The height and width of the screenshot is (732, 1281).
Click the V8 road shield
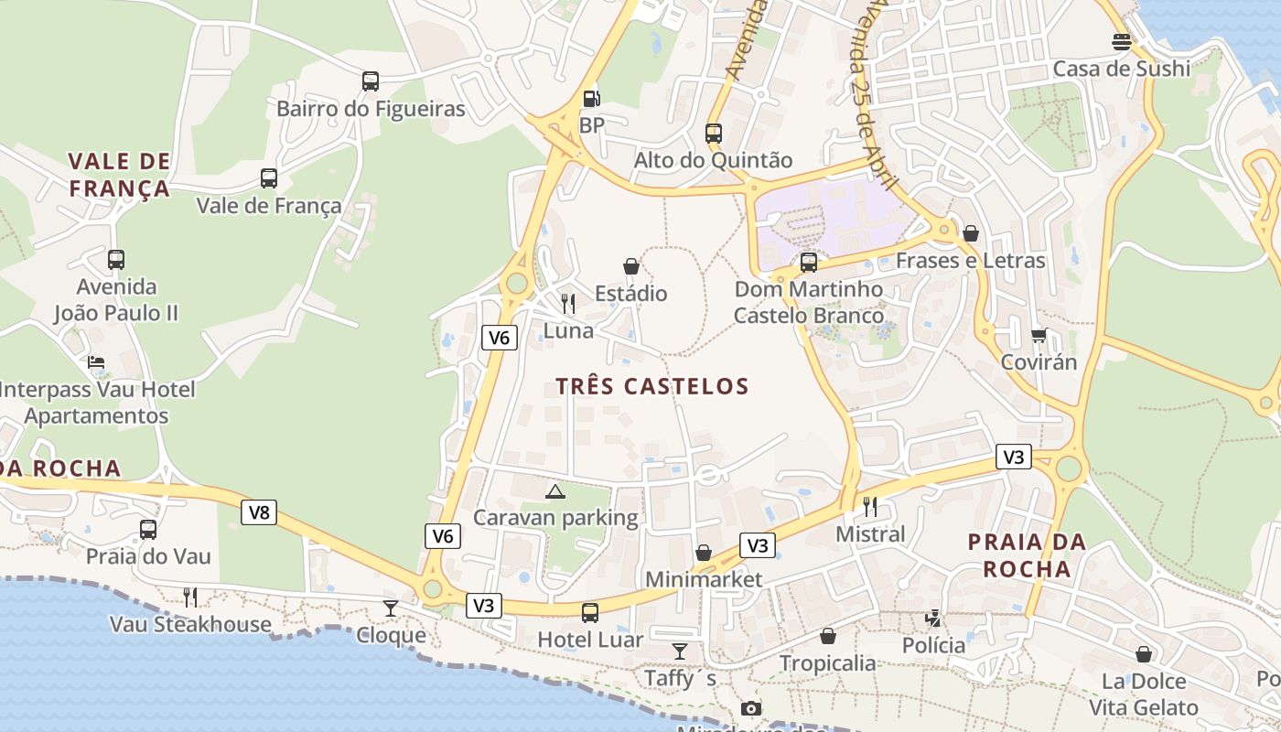pyautogui.click(x=260, y=512)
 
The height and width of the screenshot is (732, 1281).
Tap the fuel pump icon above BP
pyautogui.click(x=592, y=98)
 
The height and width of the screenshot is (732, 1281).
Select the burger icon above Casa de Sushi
pyautogui.click(x=1122, y=41)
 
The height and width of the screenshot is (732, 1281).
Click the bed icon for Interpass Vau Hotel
pyautogui.click(x=96, y=362)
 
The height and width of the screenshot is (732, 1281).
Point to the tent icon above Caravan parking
pyautogui.click(x=554, y=491)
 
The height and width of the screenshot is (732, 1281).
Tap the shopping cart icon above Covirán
pyautogui.click(x=1039, y=335)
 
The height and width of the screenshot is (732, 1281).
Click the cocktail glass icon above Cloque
pyautogui.click(x=391, y=608)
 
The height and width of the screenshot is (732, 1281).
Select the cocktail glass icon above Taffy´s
pyautogui.click(x=679, y=651)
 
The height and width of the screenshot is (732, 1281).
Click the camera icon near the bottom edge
pyautogui.click(x=750, y=708)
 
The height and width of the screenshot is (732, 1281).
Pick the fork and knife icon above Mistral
pyautogui.click(x=870, y=506)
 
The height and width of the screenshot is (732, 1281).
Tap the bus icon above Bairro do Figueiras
pyautogui.click(x=371, y=81)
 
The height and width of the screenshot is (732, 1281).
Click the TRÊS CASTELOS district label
pyautogui.click(x=652, y=386)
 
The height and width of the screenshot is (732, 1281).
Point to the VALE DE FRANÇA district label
pyautogui.click(x=119, y=175)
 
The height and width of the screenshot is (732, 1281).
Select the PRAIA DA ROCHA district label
pyautogui.click(x=1027, y=554)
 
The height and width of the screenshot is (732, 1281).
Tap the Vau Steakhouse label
pyautogui.click(x=190, y=625)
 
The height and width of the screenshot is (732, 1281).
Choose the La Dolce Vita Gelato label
pyautogui.click(x=1143, y=694)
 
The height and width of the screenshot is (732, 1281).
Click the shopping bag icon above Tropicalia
pyautogui.click(x=828, y=636)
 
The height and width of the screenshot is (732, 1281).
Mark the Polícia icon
pyautogui.click(x=933, y=619)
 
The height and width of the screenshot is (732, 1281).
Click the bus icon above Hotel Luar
pyautogui.click(x=590, y=612)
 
